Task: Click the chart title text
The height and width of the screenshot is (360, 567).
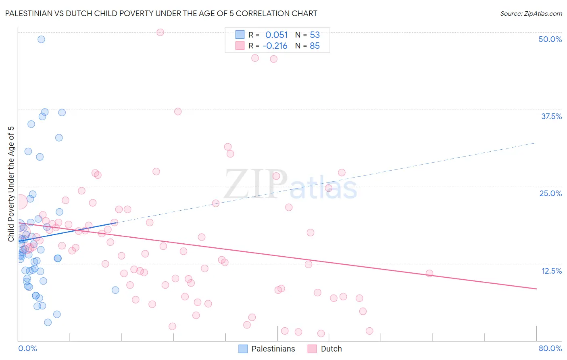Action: [161, 13]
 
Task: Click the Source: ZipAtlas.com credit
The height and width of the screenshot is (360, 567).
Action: [531, 13]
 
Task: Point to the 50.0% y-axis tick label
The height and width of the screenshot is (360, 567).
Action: [550, 39]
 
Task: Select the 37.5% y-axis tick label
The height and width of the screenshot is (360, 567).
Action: [551, 116]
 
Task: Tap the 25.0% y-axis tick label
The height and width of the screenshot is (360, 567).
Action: [550, 193]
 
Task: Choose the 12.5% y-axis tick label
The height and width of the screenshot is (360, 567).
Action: [551, 271]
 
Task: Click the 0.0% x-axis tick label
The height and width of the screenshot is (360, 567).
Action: [27, 348]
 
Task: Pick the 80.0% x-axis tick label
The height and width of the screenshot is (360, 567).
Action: [550, 348]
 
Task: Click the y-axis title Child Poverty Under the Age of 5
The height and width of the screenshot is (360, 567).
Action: [11, 184]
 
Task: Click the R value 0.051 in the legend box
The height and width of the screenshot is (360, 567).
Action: [276, 35]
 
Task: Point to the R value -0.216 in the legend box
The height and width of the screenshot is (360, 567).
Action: [275, 46]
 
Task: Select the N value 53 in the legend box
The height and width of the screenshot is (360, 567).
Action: [315, 35]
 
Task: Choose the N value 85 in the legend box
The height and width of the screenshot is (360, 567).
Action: [315, 46]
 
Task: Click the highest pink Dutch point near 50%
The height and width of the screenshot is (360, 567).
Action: [160, 32]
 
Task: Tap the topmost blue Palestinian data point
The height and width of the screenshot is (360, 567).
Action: [41, 39]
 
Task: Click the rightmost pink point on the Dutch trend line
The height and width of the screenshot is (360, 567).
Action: [429, 273]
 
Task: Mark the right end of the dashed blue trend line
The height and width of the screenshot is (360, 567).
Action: [535, 143]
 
